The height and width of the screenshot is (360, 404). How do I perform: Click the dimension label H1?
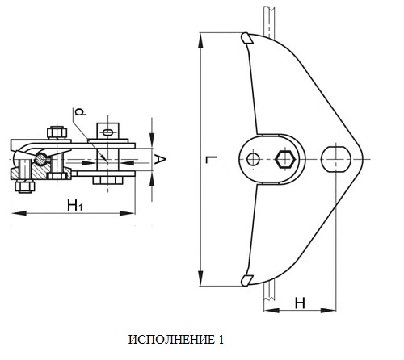tap(75, 206)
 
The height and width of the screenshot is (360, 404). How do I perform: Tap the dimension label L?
tap(212, 159)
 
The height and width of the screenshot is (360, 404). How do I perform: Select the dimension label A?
tap(160, 159)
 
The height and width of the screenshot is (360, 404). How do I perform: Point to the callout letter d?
tap(81, 111)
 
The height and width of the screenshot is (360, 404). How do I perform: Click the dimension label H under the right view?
tap(300, 303)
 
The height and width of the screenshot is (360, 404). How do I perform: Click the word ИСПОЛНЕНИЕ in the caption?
tap(171, 340)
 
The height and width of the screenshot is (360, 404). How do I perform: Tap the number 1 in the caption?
tap(221, 340)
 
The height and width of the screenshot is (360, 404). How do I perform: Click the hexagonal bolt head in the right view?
tap(285, 159)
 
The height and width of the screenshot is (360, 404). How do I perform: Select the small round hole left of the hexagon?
tap(253, 159)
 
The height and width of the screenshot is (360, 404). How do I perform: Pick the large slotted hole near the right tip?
tap(336, 159)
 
